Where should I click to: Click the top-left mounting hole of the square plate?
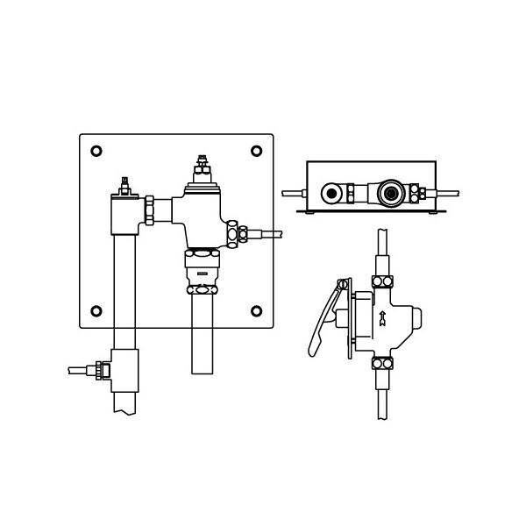pos(96,151)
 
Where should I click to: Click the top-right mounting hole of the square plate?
pos(256,151)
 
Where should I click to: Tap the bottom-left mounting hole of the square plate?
pos(96,310)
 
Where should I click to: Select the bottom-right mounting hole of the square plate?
pos(256,310)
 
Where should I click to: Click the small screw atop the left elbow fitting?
pos(124,184)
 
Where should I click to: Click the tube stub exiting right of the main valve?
pos(273,234)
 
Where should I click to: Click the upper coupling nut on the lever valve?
pos(381,281)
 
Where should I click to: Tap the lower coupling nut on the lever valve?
pos(381,364)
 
